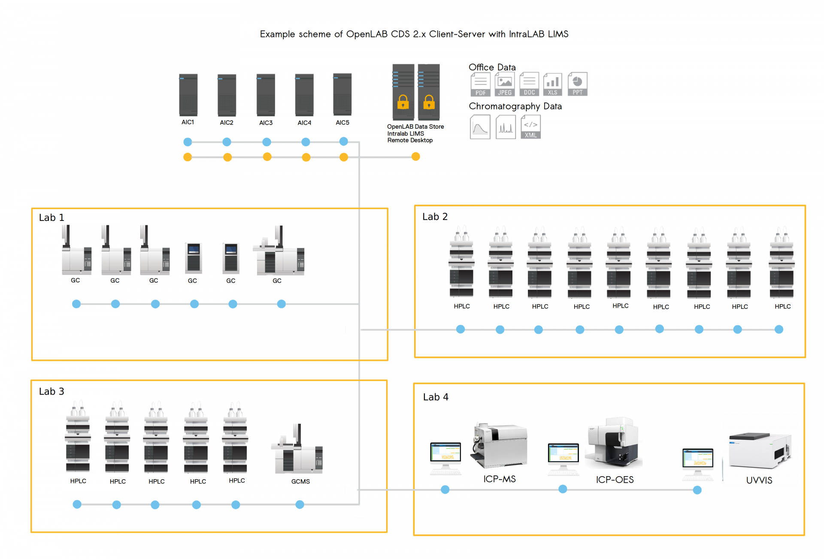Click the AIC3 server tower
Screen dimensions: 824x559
click(266, 95)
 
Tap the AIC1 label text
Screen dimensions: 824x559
click(188, 122)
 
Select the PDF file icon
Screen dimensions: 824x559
click(480, 85)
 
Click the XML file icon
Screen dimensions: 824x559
click(530, 127)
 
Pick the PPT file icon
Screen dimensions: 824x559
click(577, 84)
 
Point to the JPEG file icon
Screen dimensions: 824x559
click(505, 84)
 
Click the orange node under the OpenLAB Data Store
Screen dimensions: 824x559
click(415, 157)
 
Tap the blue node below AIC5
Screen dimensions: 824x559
click(343, 141)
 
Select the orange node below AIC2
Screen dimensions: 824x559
click(227, 157)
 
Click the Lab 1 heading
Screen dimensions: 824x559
click(51, 218)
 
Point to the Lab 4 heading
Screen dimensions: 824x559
click(436, 397)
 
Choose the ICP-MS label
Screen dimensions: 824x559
click(500, 479)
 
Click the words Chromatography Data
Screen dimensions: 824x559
click(515, 106)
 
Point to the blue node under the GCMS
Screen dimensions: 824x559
click(300, 505)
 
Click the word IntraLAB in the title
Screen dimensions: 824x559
click(527, 34)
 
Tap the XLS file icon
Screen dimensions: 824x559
click(553, 84)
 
